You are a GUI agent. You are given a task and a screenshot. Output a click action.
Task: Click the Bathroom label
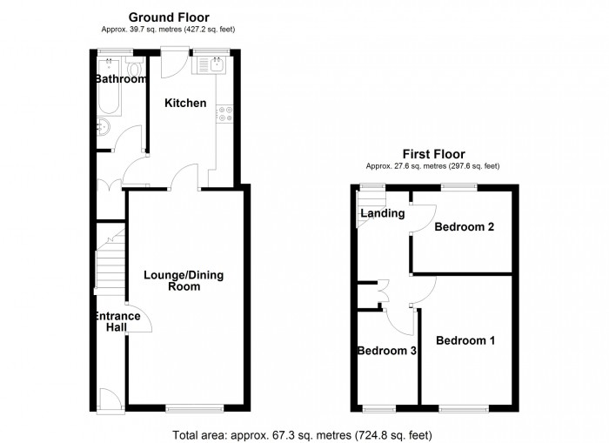[x=121, y=79]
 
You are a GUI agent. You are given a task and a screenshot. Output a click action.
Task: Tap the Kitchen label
[x=186, y=104]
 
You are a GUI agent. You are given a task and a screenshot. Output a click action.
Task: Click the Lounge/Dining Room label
[x=184, y=281]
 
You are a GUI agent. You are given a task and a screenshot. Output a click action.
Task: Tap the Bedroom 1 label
[x=465, y=340]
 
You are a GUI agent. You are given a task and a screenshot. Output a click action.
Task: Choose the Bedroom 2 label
[x=465, y=228]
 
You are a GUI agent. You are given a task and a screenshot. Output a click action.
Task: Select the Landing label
[x=382, y=213]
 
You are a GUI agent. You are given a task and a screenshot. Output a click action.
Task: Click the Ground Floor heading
[x=169, y=17]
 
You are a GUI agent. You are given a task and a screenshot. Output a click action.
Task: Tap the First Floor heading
[x=432, y=153]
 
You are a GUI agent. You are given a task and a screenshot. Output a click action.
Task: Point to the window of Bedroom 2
[x=458, y=186]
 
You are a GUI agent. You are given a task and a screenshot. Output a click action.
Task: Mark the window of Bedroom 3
[x=378, y=407]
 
